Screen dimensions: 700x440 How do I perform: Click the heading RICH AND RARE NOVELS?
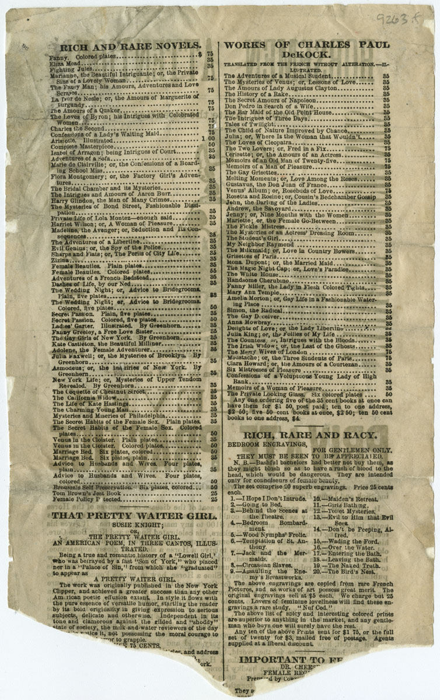(x=127, y=45)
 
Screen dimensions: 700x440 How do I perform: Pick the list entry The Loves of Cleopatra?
(x=254, y=142)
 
